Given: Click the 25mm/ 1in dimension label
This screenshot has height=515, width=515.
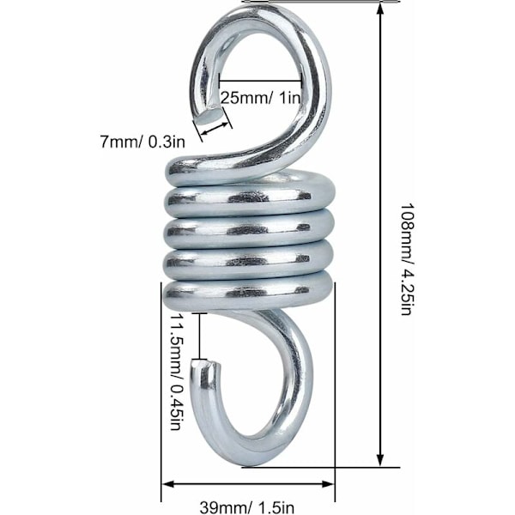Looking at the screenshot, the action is [260, 98].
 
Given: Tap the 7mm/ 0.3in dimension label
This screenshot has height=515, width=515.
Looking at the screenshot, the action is [142, 142].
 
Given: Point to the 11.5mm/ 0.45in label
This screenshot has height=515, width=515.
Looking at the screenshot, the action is [176, 372].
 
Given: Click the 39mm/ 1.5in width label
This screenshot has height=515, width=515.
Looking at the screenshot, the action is [247, 507].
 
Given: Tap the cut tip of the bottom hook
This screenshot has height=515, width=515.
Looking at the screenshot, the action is [205, 362].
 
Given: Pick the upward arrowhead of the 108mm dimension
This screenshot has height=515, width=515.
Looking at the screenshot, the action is [380, 9].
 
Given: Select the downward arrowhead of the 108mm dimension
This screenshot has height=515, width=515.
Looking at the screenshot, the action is [380, 459].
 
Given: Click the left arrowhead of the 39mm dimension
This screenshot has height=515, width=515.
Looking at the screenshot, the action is [168, 484].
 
